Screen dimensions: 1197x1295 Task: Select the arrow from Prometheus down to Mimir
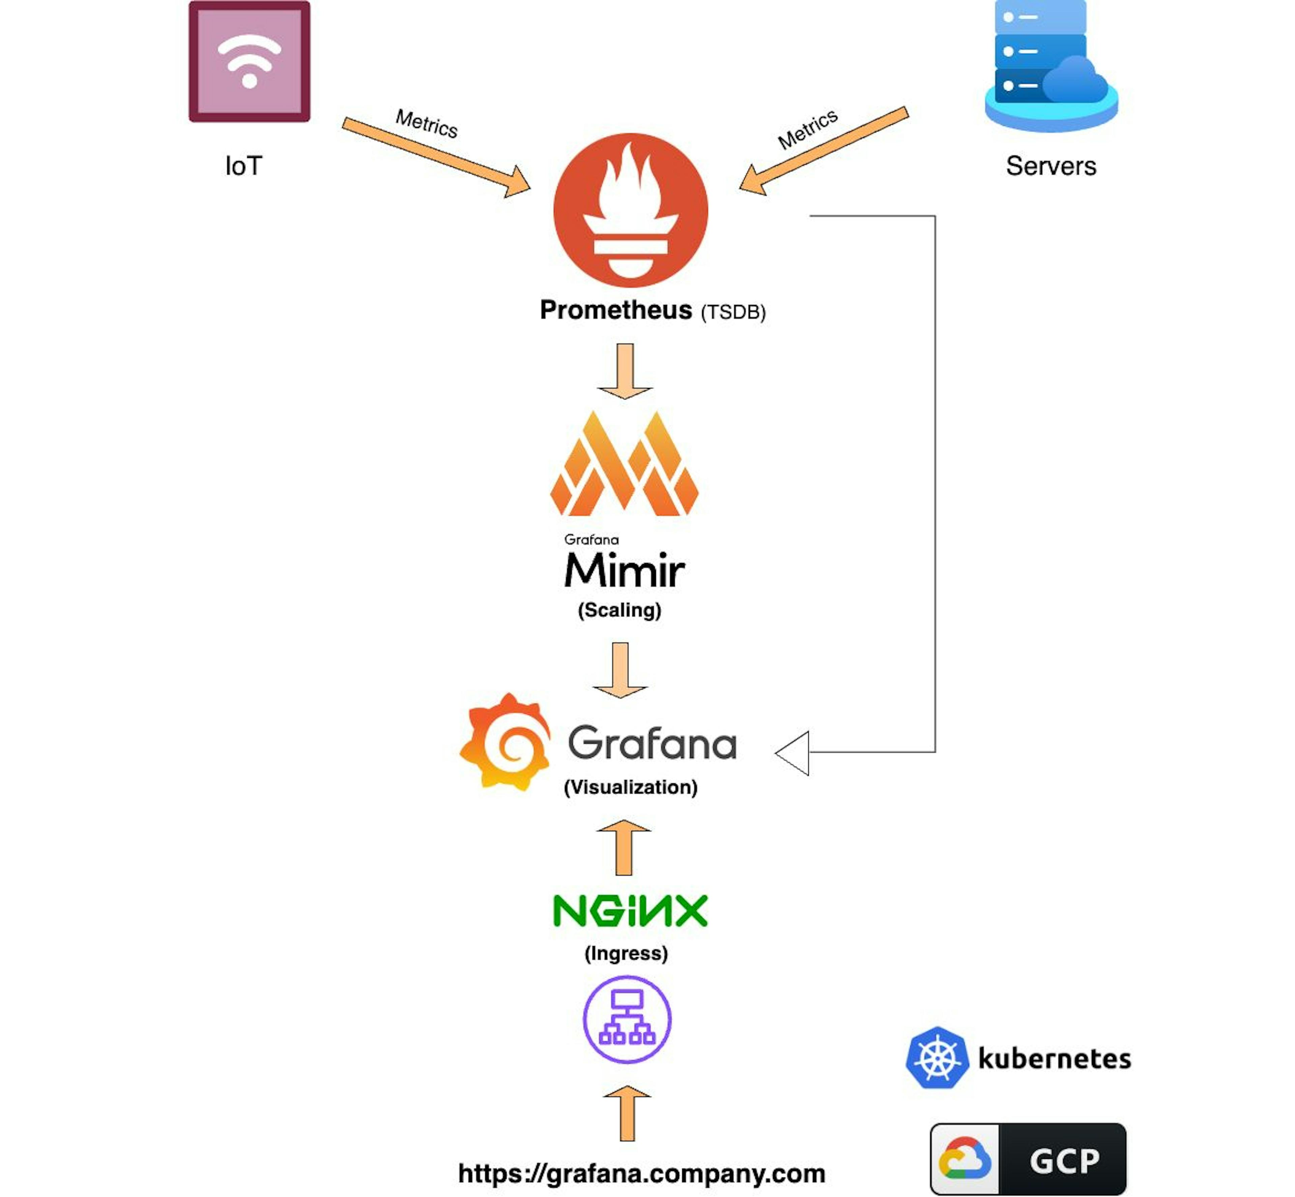(625, 371)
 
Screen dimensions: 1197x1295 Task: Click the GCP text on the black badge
(1064, 1160)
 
